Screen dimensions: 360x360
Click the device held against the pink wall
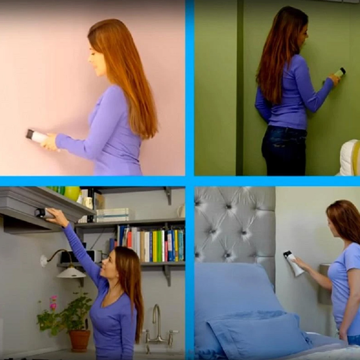pos(36,136)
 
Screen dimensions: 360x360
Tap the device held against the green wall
pos(339,73)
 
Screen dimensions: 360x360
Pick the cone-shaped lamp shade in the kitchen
pos(71,273)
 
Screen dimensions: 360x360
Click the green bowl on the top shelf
pos(72,193)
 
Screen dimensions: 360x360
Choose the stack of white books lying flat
pos(112,215)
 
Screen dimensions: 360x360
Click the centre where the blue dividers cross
pos(190,181)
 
